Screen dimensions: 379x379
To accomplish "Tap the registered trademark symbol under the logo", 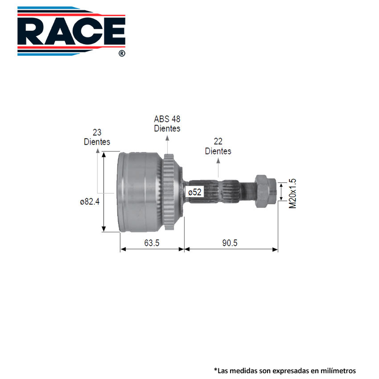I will tap(121, 54).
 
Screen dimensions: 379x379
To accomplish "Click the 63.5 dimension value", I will tap(151, 243).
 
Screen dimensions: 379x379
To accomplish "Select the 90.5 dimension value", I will tap(230, 243).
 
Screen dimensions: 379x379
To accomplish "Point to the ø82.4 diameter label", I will tap(90, 202).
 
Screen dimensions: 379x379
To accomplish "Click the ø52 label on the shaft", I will tap(195, 193).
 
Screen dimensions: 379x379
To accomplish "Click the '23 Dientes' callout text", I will tap(97, 137).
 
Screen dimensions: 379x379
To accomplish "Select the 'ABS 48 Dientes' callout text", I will tap(167, 123).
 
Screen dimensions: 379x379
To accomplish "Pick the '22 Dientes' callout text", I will tap(218, 146).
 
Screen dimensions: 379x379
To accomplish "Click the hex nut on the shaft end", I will tap(265, 191).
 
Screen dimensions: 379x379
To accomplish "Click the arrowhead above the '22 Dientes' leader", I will tap(218, 160).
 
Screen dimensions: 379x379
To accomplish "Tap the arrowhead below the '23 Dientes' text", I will tap(98, 150).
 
